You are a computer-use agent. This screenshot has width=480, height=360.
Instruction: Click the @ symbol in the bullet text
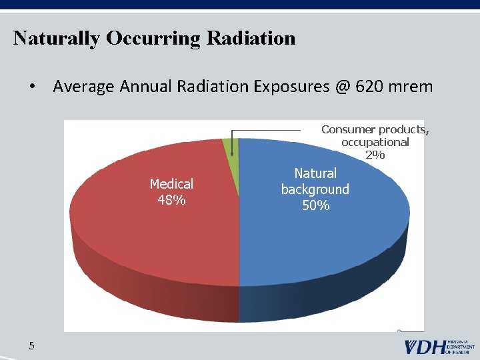click(x=341, y=87)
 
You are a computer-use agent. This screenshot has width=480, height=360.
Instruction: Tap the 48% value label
click(x=171, y=199)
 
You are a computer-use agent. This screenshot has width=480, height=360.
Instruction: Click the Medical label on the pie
click(x=171, y=184)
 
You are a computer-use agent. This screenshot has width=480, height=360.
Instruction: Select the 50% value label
click(x=315, y=205)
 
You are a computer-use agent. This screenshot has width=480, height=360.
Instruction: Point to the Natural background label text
click(x=315, y=181)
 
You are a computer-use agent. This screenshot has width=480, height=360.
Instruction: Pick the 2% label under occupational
click(x=375, y=155)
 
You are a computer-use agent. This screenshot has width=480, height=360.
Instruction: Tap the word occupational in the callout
click(x=375, y=142)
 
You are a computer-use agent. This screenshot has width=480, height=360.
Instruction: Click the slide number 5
click(x=31, y=345)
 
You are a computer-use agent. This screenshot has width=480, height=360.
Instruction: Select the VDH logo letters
click(x=424, y=347)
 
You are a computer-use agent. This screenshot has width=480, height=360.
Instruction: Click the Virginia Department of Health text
click(x=461, y=347)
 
